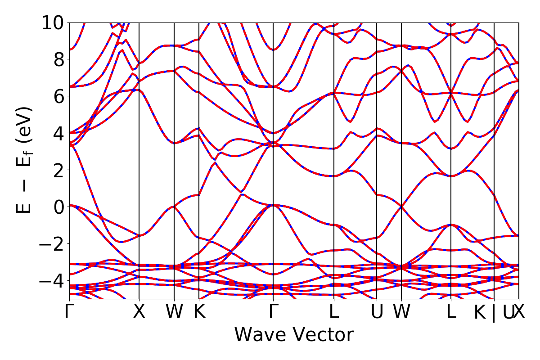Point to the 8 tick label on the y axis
pyautogui.click(x=58, y=59)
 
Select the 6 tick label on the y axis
pyautogui.click(x=58, y=96)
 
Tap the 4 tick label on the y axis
pyautogui.click(x=58, y=133)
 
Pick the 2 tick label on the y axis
pyautogui.click(x=58, y=170)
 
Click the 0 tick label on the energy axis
pyautogui.click(x=58, y=207)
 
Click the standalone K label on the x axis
pyautogui.click(x=199, y=312)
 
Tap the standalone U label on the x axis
pyautogui.click(x=377, y=312)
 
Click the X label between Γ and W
pyautogui.click(x=139, y=312)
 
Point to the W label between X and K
pyautogui.click(x=174, y=312)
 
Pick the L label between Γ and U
pyautogui.click(x=333, y=312)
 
